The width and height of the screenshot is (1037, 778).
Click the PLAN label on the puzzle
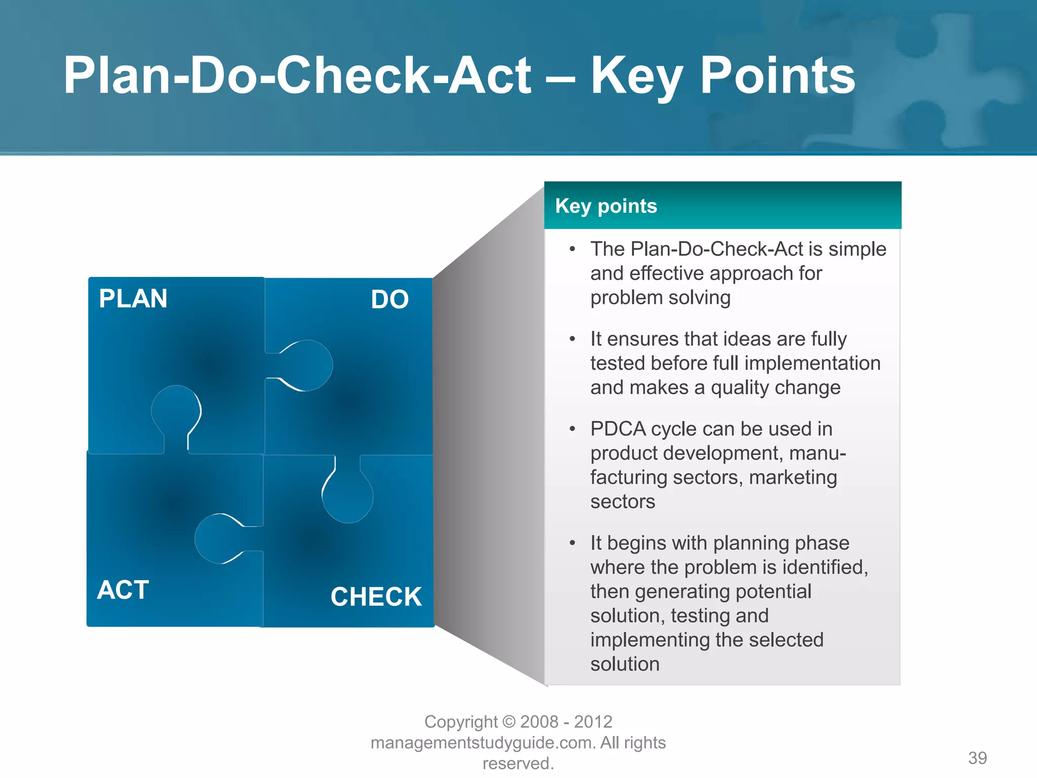(x=133, y=298)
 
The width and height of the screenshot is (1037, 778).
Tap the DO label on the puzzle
(x=389, y=299)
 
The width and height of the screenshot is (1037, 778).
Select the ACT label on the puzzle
(x=123, y=590)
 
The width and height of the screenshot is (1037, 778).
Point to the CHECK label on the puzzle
(x=376, y=597)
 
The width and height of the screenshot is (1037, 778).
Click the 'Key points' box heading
(x=606, y=206)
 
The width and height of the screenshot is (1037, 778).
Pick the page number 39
(x=977, y=758)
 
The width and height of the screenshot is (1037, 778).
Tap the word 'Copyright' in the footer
(x=461, y=722)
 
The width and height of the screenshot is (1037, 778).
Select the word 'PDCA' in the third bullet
(x=618, y=429)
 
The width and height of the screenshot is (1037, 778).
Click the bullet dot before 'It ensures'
(x=572, y=339)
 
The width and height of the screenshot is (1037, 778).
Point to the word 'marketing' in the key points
(x=792, y=477)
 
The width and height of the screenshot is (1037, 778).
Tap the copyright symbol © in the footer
(x=509, y=722)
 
